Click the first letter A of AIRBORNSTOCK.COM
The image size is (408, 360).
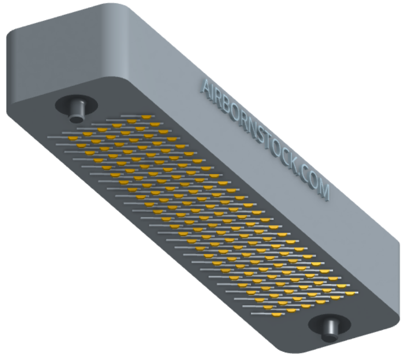pos(206,87)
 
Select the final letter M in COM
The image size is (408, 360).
pos(324,191)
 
